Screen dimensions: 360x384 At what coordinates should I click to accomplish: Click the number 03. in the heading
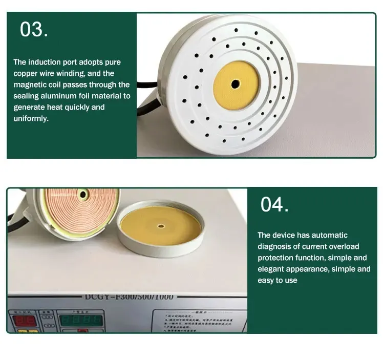point(34,30)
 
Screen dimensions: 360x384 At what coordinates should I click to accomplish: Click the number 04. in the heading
point(274,204)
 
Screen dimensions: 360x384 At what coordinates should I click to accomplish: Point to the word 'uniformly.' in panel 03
point(32,118)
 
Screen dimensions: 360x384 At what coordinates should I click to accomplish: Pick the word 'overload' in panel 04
point(344,246)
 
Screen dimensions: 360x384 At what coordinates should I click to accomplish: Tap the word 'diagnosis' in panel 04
point(273,246)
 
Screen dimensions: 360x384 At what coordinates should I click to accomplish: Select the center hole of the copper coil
point(83,194)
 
